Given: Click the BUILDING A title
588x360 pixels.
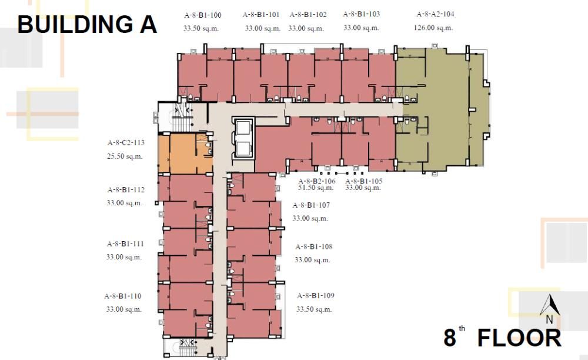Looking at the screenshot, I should [87, 25].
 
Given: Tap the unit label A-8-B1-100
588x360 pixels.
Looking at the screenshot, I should [202, 15].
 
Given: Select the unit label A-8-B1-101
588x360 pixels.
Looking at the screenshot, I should [261, 15].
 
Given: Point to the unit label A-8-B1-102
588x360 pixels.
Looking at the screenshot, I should [308, 15].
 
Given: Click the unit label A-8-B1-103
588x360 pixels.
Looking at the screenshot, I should [361, 14].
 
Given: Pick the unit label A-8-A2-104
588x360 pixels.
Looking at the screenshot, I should [435, 14].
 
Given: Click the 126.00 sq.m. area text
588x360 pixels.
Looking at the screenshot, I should [434, 28].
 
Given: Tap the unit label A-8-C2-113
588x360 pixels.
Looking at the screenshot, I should [126, 142].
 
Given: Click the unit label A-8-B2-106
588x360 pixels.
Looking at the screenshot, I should [317, 181].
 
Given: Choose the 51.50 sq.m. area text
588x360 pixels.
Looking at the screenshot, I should [316, 188].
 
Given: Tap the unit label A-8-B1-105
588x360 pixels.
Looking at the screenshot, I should [363, 181].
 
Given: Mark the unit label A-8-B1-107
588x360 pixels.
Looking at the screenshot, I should [311, 205].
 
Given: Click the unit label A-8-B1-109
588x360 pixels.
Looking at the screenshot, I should [316, 296].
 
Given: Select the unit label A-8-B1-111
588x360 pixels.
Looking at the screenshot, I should [125, 244].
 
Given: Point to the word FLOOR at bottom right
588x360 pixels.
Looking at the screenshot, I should [519, 338].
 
